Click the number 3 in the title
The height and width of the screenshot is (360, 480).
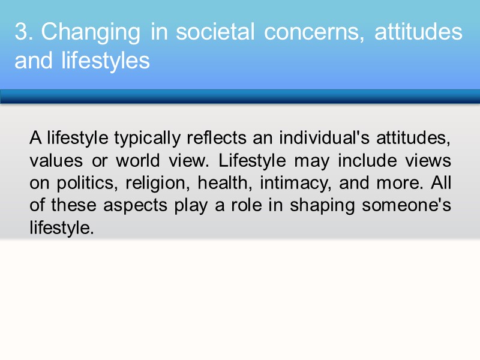point(21,32)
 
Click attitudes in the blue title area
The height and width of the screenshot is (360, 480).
point(418,32)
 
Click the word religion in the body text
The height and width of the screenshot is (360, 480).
point(157,183)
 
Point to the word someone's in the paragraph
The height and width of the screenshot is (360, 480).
point(406,205)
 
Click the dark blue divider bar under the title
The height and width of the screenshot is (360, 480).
point(240,97)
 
